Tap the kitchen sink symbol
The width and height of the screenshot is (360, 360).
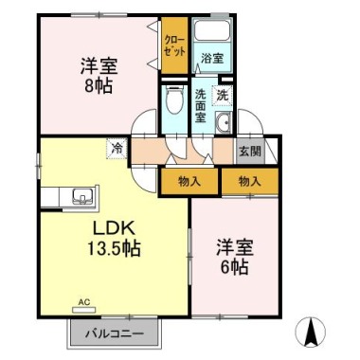coord(82,197)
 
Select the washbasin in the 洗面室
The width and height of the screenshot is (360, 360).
coord(224,122)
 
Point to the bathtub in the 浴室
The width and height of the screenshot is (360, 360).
coord(212,31)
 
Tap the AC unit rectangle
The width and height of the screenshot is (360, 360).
coord(83,310)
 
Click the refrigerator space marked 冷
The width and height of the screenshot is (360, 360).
coord(117,149)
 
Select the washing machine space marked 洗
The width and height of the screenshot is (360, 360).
coord(223,96)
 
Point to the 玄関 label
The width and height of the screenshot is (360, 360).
coord(250,152)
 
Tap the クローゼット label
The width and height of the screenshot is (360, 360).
coord(174,46)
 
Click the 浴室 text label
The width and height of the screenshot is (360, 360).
coord(212,58)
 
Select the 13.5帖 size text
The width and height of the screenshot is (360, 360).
coord(113,249)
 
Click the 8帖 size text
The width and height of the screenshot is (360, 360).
coord(99,85)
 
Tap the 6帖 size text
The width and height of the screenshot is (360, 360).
coord(234,268)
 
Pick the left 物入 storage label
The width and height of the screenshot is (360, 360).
coord(189,182)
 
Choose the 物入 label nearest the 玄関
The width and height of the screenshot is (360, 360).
coord(250,182)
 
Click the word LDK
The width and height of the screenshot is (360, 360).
coord(114,228)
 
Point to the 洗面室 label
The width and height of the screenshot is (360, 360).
coord(201,106)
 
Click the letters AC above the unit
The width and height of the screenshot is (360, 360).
coord(84,302)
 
